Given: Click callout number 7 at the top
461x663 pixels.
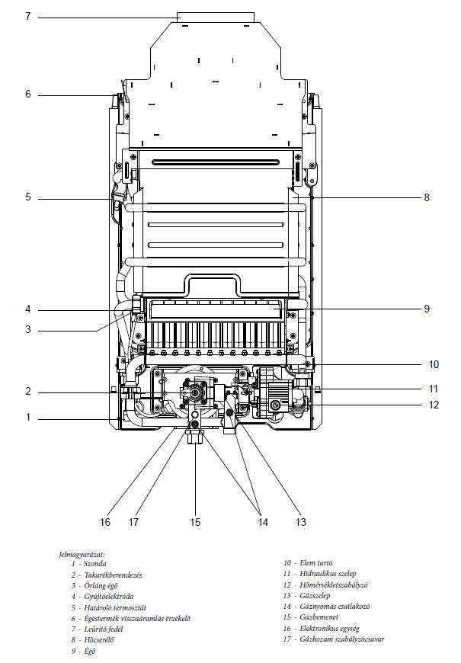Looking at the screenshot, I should (27, 15).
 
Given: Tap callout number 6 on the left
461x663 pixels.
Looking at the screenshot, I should (27, 94).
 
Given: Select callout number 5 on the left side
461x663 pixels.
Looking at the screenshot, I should (27, 197).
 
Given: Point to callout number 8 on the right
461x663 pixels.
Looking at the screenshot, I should (427, 197).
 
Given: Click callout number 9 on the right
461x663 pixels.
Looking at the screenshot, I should (427, 309).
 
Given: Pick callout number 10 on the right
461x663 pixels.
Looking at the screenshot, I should (434, 364).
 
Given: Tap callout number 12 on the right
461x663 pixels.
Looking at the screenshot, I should (434, 405).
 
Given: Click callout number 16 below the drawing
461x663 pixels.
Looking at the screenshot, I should (105, 522).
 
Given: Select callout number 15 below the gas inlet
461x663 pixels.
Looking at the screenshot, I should (196, 522).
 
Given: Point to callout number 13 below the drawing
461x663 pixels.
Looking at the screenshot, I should (301, 522).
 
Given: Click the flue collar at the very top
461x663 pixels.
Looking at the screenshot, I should (216, 18).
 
